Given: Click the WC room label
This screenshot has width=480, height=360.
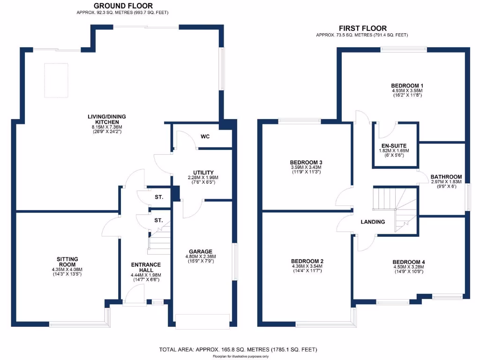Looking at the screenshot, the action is click(205, 137).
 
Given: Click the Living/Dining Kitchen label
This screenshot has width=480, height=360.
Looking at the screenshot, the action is click(106, 119).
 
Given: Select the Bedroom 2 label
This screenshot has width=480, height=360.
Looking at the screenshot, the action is click(307, 261).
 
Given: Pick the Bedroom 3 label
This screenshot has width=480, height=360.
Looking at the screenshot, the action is click(307, 162).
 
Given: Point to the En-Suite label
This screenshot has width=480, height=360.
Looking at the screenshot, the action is click(394, 145).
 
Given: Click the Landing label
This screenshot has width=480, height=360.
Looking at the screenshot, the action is click(373, 222).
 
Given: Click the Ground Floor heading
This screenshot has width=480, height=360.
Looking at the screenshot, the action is click(123, 6).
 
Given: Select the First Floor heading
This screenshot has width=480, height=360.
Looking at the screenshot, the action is click(362, 28).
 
